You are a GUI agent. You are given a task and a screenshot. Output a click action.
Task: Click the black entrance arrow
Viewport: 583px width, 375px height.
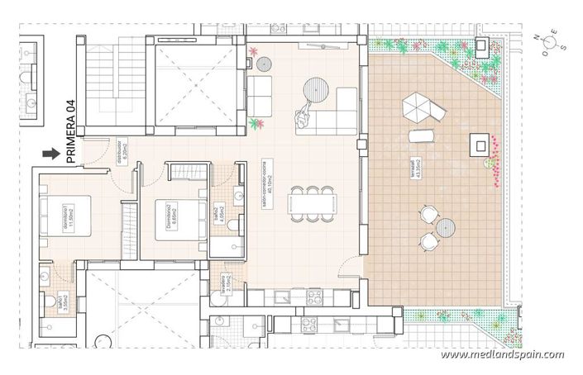click(52, 153)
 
